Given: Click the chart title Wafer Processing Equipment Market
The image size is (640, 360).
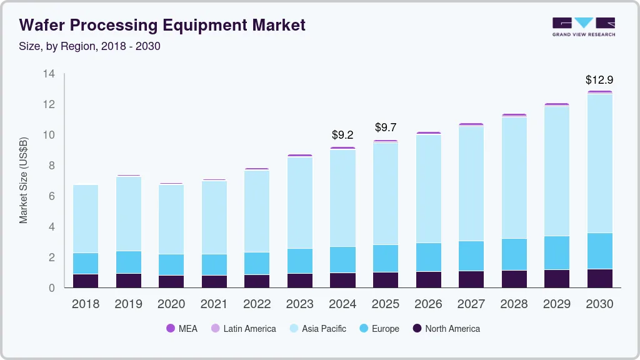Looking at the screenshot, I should [162, 25].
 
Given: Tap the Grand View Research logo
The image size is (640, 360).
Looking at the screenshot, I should [583, 27].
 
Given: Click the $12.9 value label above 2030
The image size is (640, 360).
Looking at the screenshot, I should [599, 80].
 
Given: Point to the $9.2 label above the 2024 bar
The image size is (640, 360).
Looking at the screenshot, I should [342, 134].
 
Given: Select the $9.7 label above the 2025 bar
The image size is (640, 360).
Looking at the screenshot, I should [386, 127].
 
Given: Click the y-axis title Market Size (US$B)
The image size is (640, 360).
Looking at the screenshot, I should [24, 180].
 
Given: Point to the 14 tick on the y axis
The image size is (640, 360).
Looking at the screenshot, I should [49, 74].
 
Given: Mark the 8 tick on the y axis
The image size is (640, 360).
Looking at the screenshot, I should [52, 166].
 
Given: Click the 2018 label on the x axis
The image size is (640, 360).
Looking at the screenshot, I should [85, 304].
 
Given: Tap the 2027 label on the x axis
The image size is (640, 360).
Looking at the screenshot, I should [471, 304].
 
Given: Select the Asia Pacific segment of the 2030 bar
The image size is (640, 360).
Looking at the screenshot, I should [599, 162].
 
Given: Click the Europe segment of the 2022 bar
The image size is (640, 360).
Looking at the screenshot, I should [257, 263].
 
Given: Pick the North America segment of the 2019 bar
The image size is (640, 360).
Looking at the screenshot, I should [128, 281].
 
